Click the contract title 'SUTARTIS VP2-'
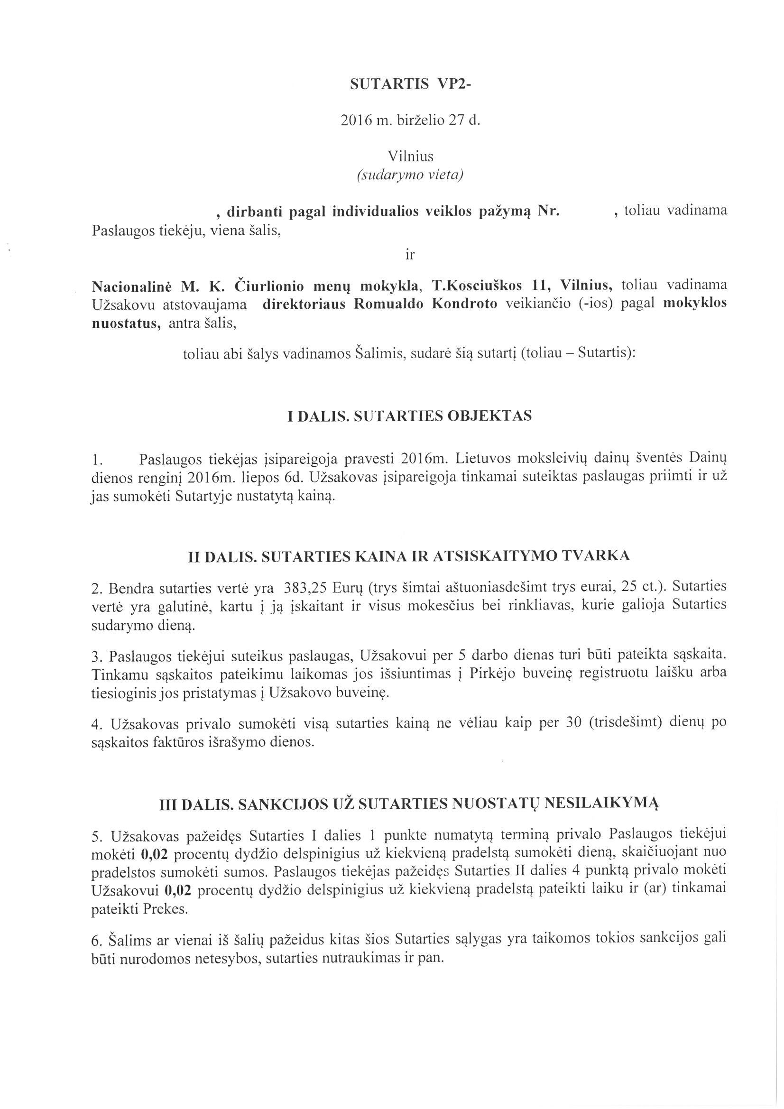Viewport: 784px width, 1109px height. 411,84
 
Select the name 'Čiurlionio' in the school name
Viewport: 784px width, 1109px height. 268,286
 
